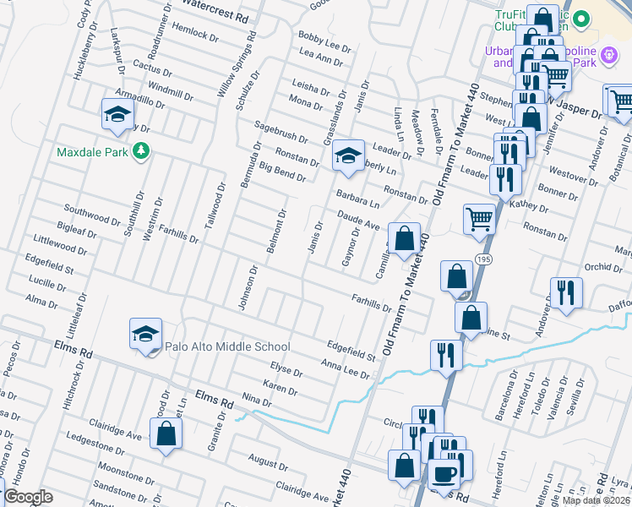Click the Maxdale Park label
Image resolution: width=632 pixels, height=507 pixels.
point(91,153)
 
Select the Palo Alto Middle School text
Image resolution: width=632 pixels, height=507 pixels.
point(227,346)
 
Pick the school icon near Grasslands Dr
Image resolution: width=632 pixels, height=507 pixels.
point(347,155)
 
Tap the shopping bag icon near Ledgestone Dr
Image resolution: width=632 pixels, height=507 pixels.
point(167,433)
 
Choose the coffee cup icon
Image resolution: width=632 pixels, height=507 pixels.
point(444,473)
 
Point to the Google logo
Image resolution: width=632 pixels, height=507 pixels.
point(28,497)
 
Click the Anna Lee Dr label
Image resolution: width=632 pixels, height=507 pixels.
point(346,368)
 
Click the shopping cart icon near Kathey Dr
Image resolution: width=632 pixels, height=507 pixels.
point(479,220)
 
